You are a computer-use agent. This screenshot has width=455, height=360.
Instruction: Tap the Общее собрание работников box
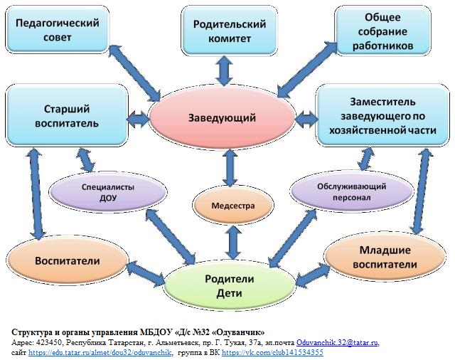pyautogui.click(x=385, y=31)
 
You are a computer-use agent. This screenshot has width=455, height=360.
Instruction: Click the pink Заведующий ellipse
pyautogui.click(x=222, y=117)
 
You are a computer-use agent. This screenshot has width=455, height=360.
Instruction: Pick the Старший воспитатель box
pyautogui.click(x=66, y=116)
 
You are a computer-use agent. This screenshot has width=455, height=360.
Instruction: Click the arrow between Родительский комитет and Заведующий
pyautogui.click(x=225, y=70)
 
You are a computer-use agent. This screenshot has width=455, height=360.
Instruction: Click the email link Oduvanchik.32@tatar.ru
pyautogui.click(x=338, y=342)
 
